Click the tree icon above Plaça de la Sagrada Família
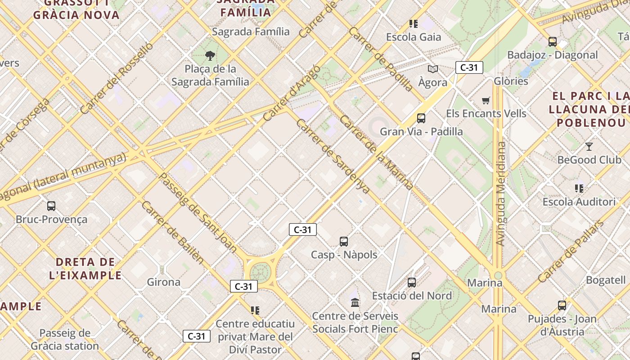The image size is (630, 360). pos(210,56)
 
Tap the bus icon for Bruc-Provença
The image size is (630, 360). pos(51,206)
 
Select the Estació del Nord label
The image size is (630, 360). pos(412,296)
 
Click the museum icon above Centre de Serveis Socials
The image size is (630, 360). pos(355,302)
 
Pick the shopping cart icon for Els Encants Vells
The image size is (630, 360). pos(486,100)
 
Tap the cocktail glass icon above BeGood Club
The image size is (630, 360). pos(589,147)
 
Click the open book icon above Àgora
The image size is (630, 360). pos(433,69)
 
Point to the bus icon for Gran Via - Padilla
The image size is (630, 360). pos(421,118)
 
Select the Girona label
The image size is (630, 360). pos(164,282)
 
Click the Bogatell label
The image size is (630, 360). pos(605,280)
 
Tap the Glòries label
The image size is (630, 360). pos(511,81)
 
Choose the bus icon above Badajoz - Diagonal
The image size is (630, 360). pos(553,42)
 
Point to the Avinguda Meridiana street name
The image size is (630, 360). pos(501,193)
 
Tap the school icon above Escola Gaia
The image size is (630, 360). pos(414,23)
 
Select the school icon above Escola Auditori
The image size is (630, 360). pos(579,188)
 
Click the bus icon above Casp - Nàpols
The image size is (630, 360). pos(344,242)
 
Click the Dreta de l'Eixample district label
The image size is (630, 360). pos(85,268)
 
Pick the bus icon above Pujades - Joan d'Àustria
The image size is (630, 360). pos(562,306)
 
